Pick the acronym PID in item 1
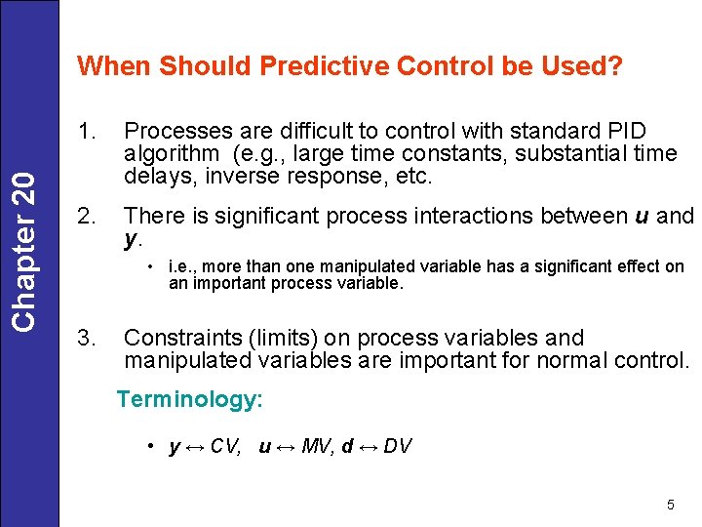(x=624, y=131)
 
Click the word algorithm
(x=172, y=153)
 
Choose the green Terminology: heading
(x=189, y=399)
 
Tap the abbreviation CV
(x=228, y=447)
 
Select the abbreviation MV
(x=317, y=447)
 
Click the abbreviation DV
(x=397, y=447)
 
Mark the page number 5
(x=670, y=505)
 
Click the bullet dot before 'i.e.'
(x=152, y=266)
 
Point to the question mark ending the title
(x=615, y=66)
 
